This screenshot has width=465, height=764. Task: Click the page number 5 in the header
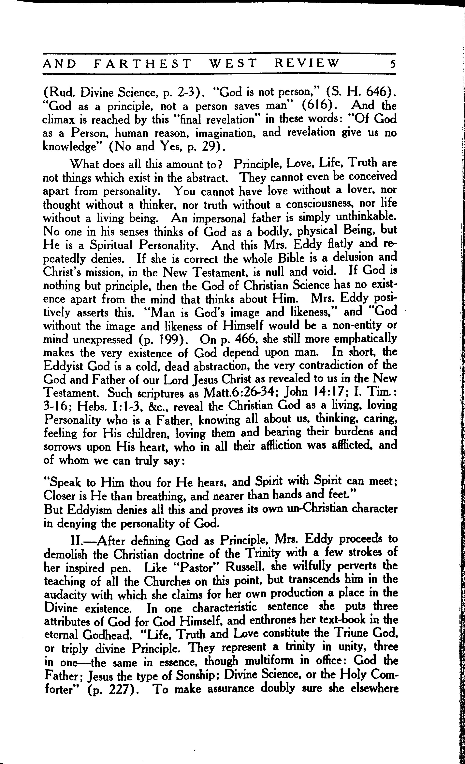[x=393, y=64]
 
